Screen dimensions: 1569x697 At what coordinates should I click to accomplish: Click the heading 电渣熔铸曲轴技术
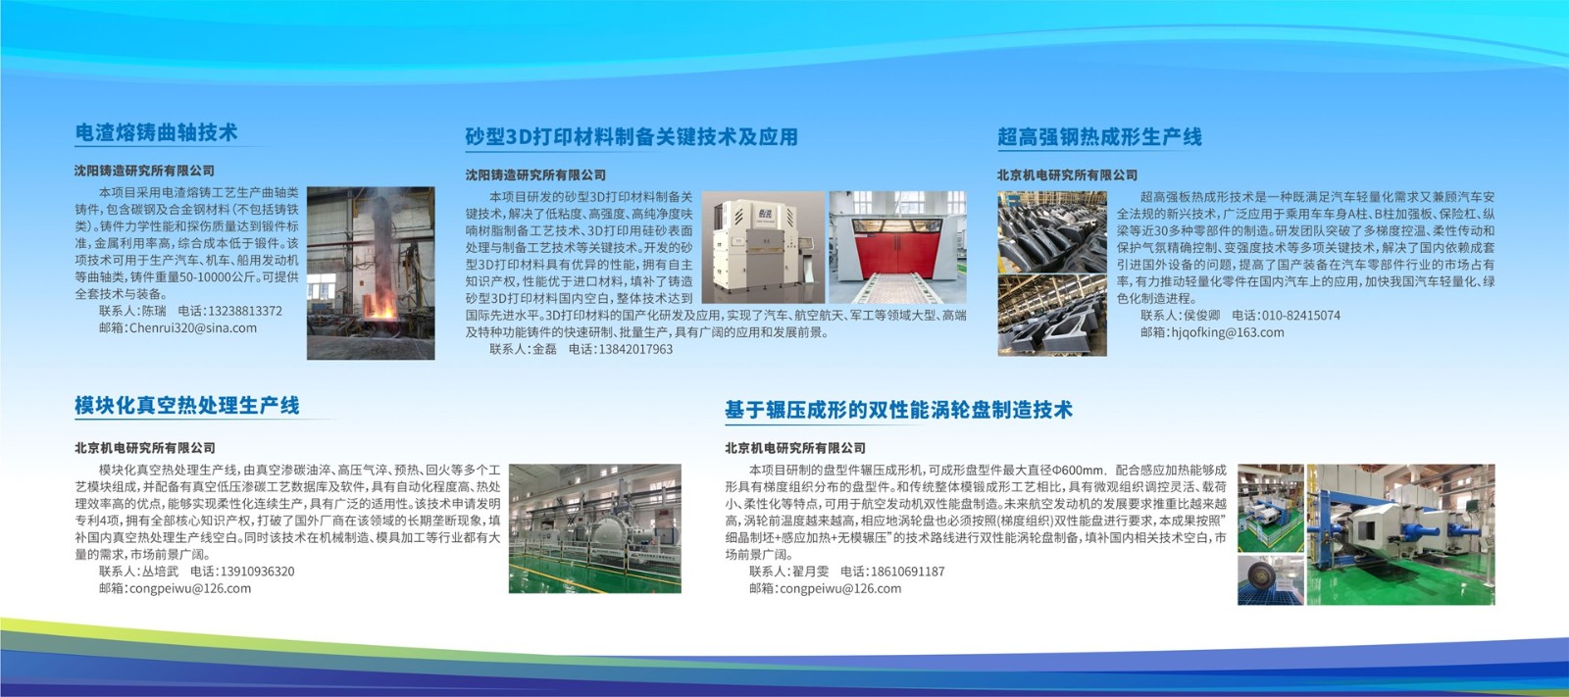156,132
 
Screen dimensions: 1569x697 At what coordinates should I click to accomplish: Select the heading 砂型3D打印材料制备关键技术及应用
632,136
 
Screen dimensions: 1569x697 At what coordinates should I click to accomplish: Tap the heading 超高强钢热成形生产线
1099,136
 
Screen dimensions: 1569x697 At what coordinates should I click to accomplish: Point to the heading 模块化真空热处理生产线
187,406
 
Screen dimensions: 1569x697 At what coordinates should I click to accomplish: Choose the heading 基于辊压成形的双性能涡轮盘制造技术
898,410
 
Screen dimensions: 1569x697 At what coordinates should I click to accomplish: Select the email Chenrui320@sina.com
193,327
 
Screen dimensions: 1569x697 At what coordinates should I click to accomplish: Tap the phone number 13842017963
635,349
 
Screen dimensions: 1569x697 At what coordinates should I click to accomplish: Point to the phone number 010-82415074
1300,316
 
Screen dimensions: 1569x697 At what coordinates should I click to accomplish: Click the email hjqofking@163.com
1228,332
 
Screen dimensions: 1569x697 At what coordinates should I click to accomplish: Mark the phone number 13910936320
258,572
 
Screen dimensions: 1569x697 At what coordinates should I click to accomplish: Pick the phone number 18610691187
908,572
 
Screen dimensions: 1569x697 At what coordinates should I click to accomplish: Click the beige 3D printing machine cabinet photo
764,247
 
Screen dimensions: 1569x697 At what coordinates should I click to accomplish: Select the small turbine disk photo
1271,580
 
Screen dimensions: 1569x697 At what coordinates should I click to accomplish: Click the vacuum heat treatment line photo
594,528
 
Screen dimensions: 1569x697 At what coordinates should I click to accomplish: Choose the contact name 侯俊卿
1202,316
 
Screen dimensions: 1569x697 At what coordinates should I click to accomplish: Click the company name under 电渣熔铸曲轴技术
145,171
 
